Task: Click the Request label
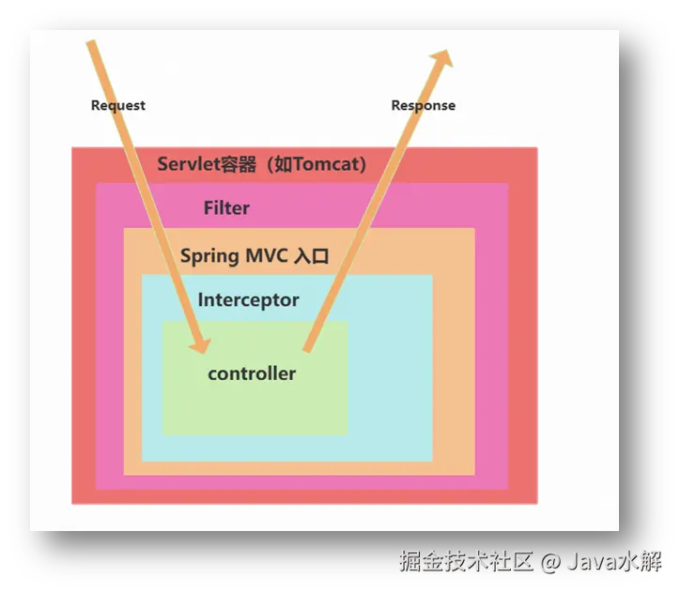pyautogui.click(x=117, y=105)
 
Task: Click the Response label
pyautogui.click(x=423, y=105)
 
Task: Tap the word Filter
pyautogui.click(x=226, y=207)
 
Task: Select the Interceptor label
pyautogui.click(x=248, y=300)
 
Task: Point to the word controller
pyautogui.click(x=252, y=373)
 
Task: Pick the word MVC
pyautogui.click(x=268, y=255)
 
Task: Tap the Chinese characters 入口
pyautogui.click(x=312, y=255)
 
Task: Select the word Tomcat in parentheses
pyautogui.click(x=325, y=164)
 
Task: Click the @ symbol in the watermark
pyautogui.click(x=549, y=562)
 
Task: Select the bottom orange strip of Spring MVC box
pyautogui.click(x=299, y=468)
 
